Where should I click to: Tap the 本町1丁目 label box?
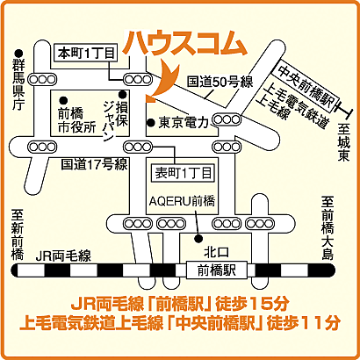pyautogui.click(x=85, y=52)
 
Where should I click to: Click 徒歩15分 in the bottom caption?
pyautogui.click(x=261, y=305)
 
